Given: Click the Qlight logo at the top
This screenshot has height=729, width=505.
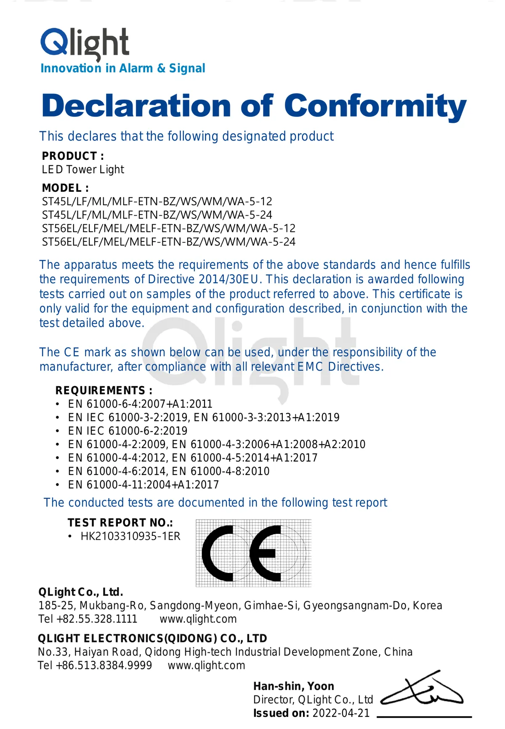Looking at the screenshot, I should pos(85,44).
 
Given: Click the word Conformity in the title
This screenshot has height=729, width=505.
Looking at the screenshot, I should pos(375,106).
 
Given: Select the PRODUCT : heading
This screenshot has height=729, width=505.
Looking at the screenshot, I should pos(73,156).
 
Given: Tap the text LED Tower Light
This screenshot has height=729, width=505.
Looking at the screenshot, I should pos(83,170).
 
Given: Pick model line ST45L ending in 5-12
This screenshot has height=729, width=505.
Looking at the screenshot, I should pos(157,201).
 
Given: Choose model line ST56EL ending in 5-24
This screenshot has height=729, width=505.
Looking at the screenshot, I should pos(168,242).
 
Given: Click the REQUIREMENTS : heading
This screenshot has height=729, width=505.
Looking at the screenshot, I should pos(104,390).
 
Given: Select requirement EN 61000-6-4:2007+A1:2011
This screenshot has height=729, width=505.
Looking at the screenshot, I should pos(140,404).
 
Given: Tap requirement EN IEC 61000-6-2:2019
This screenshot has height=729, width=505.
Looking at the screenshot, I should pos(128,431).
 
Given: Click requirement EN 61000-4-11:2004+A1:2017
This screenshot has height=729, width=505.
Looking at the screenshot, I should pos(144,485).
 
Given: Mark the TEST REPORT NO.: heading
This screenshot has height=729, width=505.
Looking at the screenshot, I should pos(120,522).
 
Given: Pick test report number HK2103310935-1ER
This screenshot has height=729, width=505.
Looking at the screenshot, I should pos(130,536).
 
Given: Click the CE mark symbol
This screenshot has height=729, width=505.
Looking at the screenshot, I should pos(253,553).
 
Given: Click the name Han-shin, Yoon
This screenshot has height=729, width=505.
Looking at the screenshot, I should pos(294,686).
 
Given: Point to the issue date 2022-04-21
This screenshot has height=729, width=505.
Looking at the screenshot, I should pos(341,713).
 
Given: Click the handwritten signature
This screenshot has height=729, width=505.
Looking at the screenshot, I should pos(423,690).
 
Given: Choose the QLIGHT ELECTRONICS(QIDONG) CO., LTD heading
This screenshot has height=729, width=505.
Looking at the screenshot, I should pos(152,639).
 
